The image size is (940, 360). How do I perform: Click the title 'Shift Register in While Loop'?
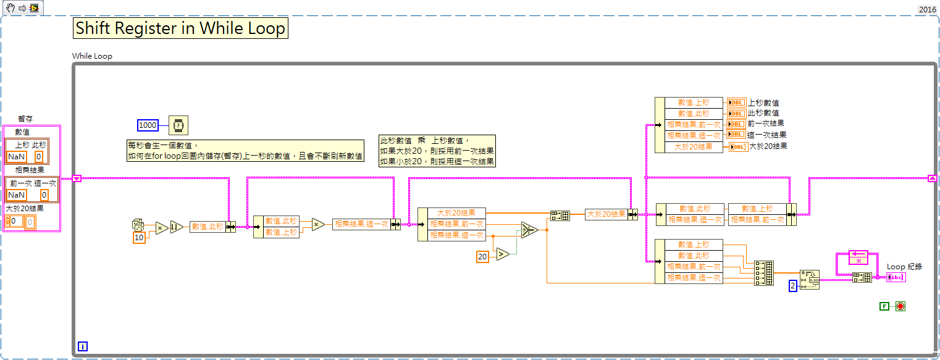[181, 28]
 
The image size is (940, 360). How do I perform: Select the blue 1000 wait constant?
[148, 125]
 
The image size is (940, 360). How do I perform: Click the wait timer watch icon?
[178, 125]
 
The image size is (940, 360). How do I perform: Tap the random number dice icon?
[139, 225]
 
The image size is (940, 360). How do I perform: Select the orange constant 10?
[139, 238]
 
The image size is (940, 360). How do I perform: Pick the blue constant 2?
[794, 286]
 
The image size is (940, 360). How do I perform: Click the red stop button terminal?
[900, 306]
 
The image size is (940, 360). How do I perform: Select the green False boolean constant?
[883, 306]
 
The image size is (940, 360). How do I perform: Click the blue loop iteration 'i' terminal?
[83, 346]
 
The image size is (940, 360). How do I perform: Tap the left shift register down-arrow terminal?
[77, 178]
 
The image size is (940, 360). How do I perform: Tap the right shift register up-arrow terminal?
[932, 178]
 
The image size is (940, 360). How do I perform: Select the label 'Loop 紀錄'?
[904, 267]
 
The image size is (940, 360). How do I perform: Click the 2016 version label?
[927, 9]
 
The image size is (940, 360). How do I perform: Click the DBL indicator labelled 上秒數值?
[737, 103]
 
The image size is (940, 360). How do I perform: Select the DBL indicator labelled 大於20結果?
[737, 146]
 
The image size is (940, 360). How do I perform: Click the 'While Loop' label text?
[92, 56]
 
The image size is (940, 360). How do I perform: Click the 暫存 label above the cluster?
[25, 119]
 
